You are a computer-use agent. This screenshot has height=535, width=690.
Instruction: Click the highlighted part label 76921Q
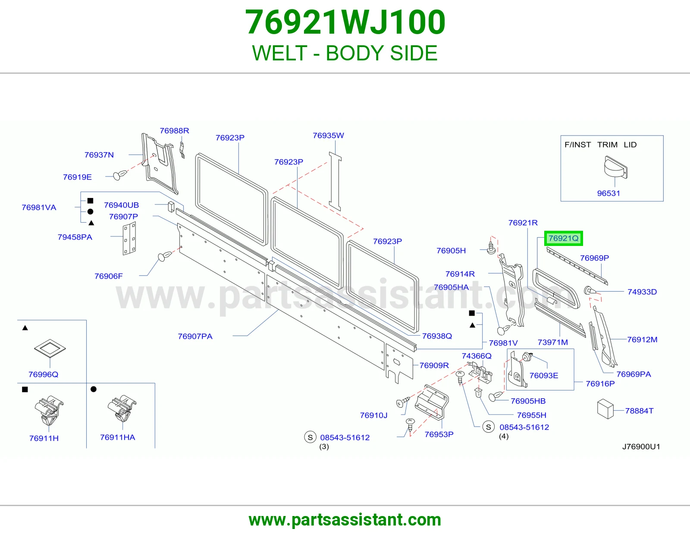(x=563, y=238)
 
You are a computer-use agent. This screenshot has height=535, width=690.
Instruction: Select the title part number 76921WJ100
(x=345, y=22)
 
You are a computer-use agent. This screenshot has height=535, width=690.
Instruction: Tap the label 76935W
(x=328, y=135)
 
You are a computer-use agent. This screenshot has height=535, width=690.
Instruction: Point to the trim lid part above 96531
(x=616, y=167)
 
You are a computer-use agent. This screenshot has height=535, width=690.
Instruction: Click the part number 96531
(x=608, y=193)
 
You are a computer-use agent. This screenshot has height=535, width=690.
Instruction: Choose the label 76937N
(x=99, y=155)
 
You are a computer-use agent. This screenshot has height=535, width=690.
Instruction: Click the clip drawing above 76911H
(x=49, y=410)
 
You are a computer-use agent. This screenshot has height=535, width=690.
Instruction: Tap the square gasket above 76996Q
(x=50, y=348)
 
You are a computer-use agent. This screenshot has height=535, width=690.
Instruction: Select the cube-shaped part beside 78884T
(x=605, y=409)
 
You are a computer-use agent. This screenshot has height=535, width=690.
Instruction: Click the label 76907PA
(x=195, y=337)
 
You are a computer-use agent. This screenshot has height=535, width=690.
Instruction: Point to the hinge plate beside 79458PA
(x=129, y=238)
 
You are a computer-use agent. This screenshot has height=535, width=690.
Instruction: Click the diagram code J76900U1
(x=641, y=447)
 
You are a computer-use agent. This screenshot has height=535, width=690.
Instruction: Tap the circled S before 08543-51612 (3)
(x=310, y=437)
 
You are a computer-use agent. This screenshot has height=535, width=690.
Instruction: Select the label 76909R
(x=434, y=366)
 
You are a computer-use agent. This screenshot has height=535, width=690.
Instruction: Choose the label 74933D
(x=642, y=292)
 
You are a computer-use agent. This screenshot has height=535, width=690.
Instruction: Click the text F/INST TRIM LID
(x=600, y=145)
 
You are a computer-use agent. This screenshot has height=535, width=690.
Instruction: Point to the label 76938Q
(x=437, y=336)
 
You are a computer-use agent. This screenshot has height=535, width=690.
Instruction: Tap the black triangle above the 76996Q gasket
(x=25, y=328)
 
